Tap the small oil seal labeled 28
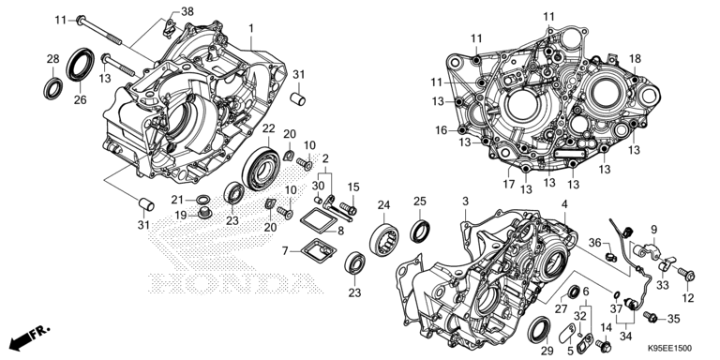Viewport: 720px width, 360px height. pos(53,89)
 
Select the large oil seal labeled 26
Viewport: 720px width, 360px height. pos(81,64)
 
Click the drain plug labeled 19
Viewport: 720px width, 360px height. pos(203,213)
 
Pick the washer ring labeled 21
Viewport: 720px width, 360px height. pos(202,200)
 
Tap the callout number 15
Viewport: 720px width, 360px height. pos(353,187)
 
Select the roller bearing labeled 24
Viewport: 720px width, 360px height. pos(383,240)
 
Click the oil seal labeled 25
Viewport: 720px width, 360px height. pos(420,231)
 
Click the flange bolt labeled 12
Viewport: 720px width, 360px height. pos(686,275)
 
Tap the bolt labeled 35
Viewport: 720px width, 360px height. pos(651,316)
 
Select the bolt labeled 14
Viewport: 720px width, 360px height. pos(603,344)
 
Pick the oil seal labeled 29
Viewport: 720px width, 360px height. pos(540,330)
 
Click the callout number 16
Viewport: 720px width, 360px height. pos(442,131)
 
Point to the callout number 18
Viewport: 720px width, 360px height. pos(635,59)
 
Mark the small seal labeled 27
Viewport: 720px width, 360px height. pos(574,292)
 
